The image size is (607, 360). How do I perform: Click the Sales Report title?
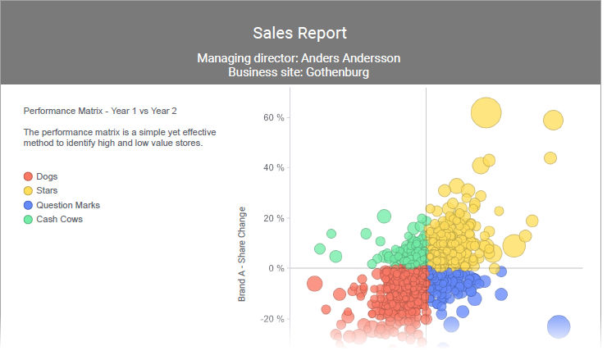pos(299,33)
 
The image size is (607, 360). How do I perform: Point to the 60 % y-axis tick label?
pos(273,117)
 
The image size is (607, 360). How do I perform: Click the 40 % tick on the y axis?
pos(273,168)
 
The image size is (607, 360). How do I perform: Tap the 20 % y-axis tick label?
pos(273,218)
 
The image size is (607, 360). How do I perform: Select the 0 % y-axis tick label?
pos(276,268)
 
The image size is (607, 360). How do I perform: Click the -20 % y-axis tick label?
pos(272,319)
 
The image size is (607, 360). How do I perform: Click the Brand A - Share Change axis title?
pos(242,253)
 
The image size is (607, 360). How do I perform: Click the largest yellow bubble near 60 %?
pos(486,113)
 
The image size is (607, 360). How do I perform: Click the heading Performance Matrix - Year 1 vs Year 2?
pos(100,111)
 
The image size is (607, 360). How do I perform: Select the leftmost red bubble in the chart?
pos(313,284)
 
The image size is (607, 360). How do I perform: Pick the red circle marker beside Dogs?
pos(28,176)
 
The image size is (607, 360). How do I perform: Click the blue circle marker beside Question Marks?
pos(28,205)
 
